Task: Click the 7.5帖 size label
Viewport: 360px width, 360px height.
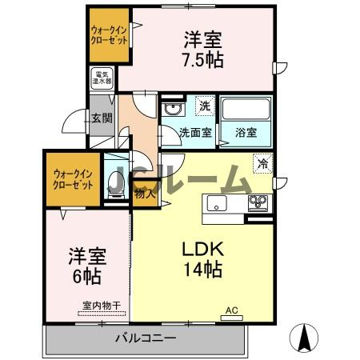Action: pyautogui.click(x=201, y=59)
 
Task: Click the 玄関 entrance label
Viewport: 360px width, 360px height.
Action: pyautogui.click(x=101, y=118)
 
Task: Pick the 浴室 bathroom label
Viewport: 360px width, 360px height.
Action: pyautogui.click(x=245, y=133)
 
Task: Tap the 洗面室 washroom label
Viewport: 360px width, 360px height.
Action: pyautogui.click(x=194, y=133)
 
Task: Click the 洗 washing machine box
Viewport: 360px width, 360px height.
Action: pyautogui.click(x=205, y=106)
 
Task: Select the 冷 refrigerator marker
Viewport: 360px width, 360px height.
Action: pyautogui.click(x=262, y=163)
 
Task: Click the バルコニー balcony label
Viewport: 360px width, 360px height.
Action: pyautogui.click(x=144, y=339)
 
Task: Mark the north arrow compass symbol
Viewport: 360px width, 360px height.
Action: pyautogui.click(x=306, y=337)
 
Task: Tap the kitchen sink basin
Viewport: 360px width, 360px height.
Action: pyautogui.click(x=218, y=203)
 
